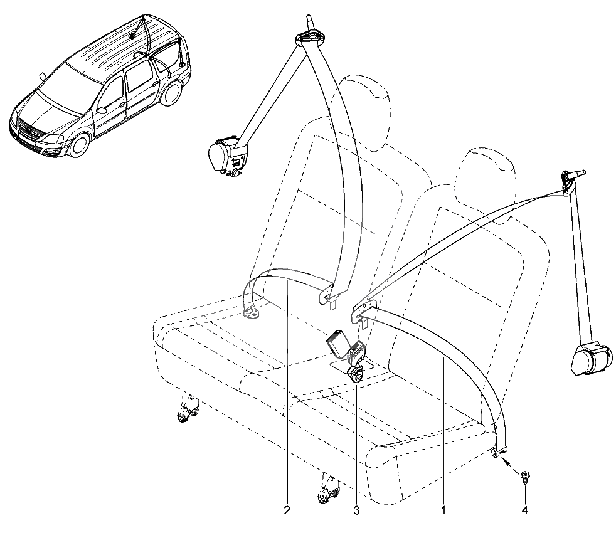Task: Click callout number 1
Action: tap(443, 510)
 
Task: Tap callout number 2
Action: tap(287, 510)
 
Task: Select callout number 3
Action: tap(356, 510)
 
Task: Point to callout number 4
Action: tap(525, 510)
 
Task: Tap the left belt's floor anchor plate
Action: tap(252, 314)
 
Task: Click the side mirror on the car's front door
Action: tap(102, 110)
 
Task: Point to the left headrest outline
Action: tap(364, 114)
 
